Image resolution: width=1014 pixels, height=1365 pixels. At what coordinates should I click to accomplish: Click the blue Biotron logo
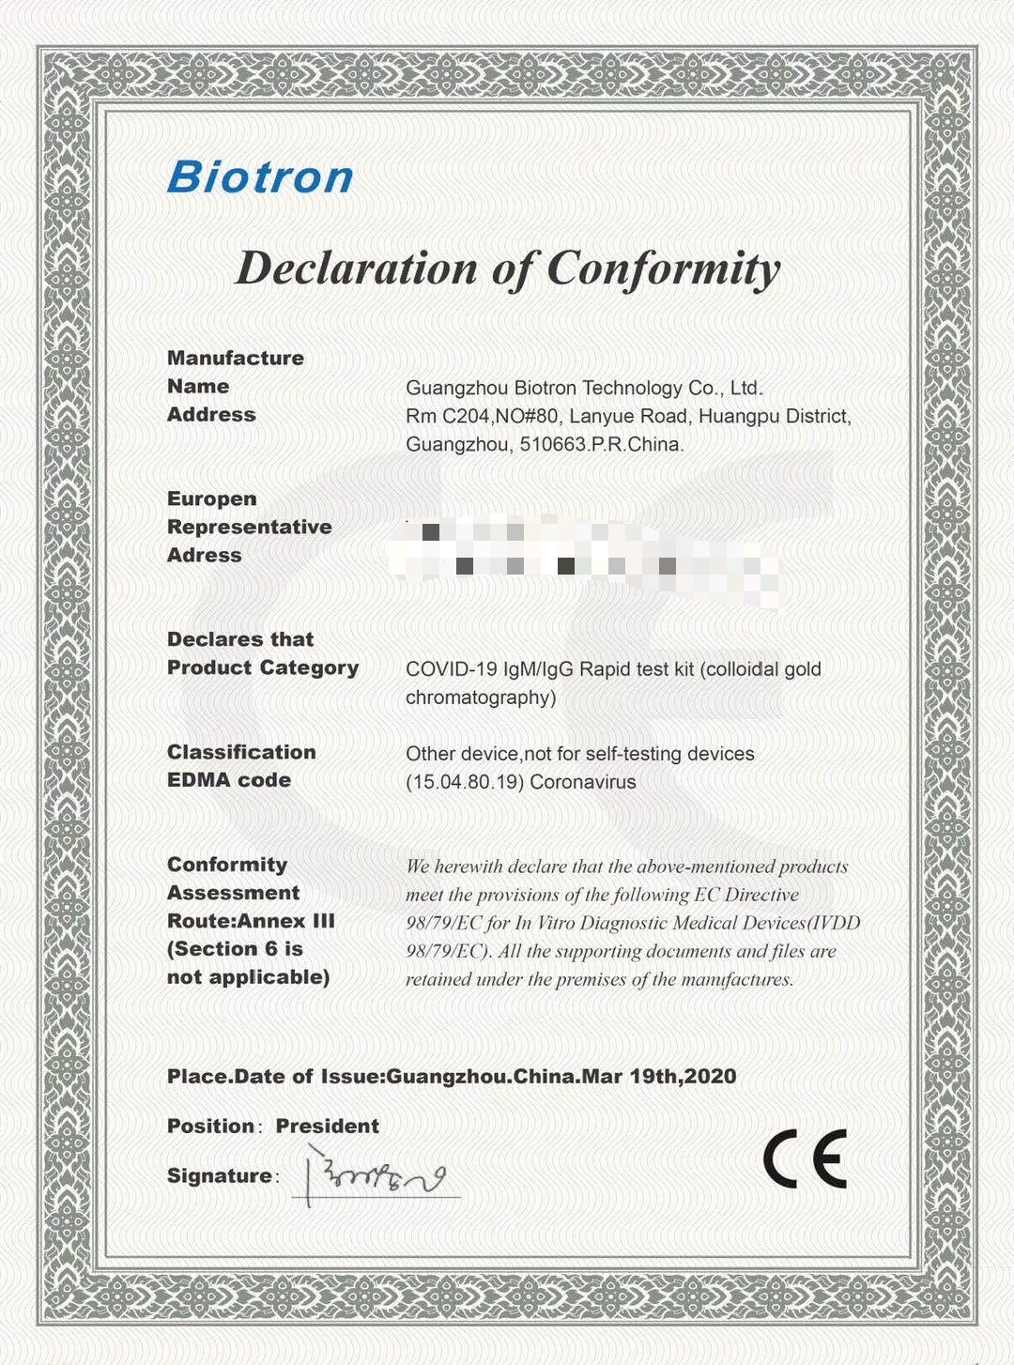pos(260,177)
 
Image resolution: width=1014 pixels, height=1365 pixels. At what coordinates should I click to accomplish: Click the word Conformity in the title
pos(663,268)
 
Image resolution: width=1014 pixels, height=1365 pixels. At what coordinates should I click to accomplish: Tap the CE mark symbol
pos(805,1158)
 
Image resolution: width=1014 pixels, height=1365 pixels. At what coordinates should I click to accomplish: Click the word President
pos(327,1126)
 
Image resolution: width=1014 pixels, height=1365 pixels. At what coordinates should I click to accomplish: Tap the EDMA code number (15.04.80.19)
pos(465,782)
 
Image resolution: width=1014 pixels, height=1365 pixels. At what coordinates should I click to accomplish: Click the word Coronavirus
pos(583,782)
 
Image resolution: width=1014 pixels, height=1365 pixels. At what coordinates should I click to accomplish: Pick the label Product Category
pos(263,667)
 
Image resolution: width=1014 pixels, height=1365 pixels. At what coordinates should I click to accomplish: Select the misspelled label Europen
pos(211,498)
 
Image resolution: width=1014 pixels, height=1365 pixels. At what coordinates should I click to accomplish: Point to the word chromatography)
pos(481,698)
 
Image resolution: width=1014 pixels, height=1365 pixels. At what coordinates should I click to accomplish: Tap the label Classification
pos(241,752)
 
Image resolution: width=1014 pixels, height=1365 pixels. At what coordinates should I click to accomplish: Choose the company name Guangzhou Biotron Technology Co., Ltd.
pos(584,388)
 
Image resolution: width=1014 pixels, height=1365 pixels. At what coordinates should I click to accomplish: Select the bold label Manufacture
pos(235,358)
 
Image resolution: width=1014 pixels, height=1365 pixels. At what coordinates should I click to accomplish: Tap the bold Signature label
pos(220,1175)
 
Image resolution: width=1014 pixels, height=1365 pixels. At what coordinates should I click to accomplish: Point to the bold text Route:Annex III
pos(251,921)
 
